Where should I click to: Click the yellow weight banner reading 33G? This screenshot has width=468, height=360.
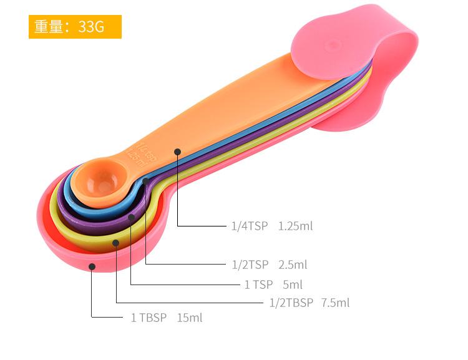click(75, 27)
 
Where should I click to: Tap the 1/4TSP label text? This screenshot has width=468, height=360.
click(250, 226)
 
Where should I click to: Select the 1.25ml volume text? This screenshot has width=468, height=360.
click(296, 226)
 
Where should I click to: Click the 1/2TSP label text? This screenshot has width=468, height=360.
click(250, 265)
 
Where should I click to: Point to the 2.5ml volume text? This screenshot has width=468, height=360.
click(293, 265)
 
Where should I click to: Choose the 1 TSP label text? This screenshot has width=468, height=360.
click(258, 285)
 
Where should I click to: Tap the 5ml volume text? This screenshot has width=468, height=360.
click(293, 285)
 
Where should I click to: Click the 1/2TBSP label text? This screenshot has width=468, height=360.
click(291, 303)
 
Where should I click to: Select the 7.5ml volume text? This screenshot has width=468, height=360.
click(335, 303)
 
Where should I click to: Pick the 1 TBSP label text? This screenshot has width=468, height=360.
click(149, 318)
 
